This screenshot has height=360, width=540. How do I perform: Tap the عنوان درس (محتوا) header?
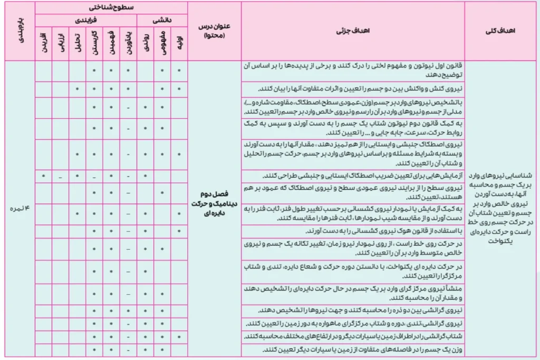click(214, 31)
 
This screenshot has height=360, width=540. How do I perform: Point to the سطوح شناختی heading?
click(111, 8)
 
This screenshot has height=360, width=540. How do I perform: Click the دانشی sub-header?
click(162, 20)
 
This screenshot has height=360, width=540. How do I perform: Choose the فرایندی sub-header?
click(86, 20)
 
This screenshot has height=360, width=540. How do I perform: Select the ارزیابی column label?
click(61, 42)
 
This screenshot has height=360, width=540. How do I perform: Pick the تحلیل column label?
click(78, 42)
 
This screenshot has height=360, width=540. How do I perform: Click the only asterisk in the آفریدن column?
click(44, 176)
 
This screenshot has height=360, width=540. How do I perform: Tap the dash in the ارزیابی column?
click(61, 176)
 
